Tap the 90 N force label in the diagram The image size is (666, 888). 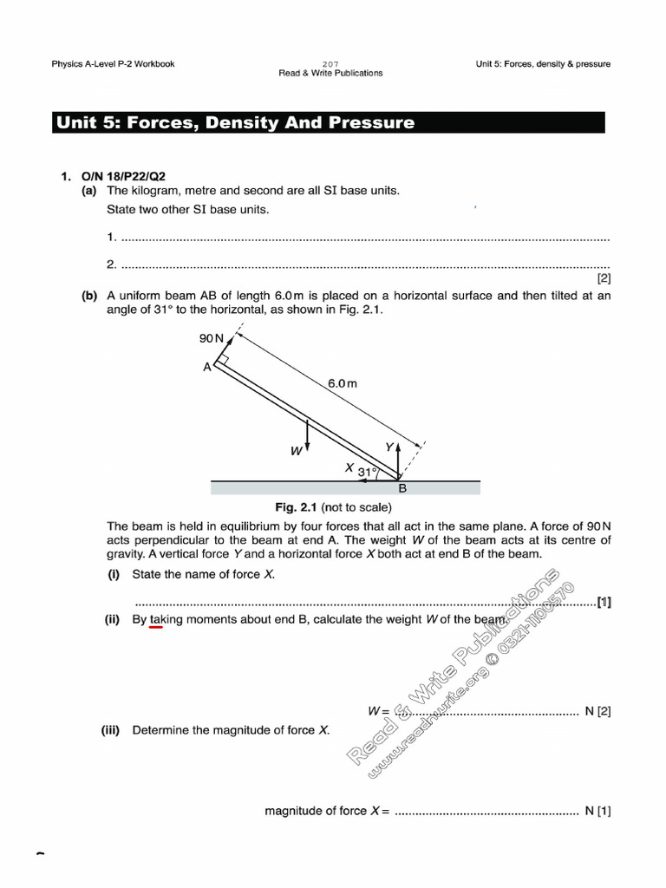pos(212,338)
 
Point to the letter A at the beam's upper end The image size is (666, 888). pos(207,367)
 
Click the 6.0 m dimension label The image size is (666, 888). pos(342,382)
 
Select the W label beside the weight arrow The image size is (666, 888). pos(296,450)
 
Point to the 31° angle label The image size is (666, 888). pos(368,473)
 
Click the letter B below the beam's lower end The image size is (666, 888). pos(402,488)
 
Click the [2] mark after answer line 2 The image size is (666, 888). pos(604,279)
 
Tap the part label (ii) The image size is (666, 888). pos(114,619)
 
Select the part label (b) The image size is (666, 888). pos(89,296)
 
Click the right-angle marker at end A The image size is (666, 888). pos(223,358)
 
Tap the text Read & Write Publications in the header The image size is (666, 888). pos(330,73)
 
